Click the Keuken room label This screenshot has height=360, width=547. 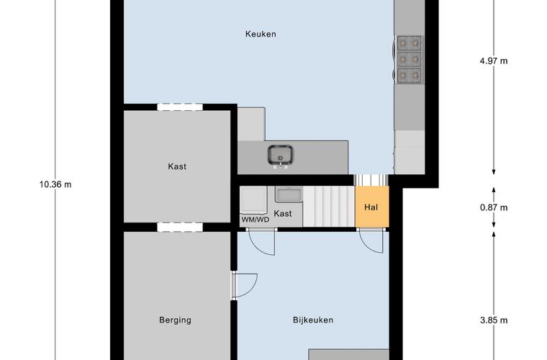coord(261,34)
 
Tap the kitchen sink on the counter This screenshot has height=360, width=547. coord(281,157)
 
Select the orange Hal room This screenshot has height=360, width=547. coord(372,207)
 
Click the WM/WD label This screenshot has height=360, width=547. coord(256,220)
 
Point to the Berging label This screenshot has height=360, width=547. coord(175,320)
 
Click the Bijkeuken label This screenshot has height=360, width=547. coord(313,320)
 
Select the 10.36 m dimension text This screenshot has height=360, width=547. coord(55,184)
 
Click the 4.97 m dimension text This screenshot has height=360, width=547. coord(494,61)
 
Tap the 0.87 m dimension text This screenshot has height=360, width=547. coord(494,207)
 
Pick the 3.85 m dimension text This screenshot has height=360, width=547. coord(494,320)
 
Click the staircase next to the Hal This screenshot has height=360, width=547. coord(329,206)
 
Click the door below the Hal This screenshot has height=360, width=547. coord(372,240)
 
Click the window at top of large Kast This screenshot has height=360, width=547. coord(180,107)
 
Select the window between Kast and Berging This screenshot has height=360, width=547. coord(180,227)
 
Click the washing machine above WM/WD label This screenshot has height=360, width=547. coord(253,200)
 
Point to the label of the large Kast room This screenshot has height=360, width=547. coord(177,166)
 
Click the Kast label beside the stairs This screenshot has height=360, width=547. coord(283,214)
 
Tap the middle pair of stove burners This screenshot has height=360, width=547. coord(410,59)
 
